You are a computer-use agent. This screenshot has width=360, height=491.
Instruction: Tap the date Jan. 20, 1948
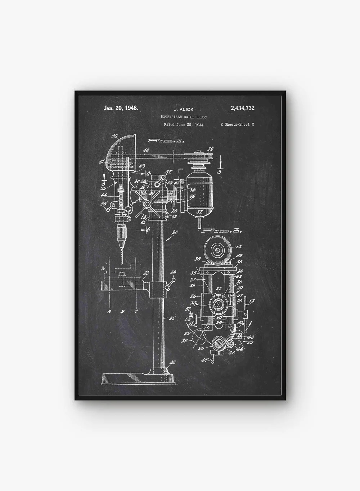point(121,108)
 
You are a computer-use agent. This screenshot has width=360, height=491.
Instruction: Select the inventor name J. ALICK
point(184,109)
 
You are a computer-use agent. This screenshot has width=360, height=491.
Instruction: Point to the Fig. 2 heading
point(165,140)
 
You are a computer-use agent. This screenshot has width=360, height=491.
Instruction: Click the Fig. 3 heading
point(222,231)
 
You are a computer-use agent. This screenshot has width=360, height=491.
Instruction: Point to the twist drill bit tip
point(121,265)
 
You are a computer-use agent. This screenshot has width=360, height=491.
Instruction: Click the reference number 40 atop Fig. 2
point(114,136)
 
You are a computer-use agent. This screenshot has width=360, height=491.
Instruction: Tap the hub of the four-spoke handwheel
point(147,204)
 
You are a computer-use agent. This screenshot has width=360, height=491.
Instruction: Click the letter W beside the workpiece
point(104,268)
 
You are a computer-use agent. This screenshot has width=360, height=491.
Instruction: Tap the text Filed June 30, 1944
point(184,125)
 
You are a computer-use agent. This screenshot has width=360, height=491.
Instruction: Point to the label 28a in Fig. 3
point(193,303)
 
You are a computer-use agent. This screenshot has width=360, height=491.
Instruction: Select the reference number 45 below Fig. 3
point(206,359)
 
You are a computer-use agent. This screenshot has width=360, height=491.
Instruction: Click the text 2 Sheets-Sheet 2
point(237,125)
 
